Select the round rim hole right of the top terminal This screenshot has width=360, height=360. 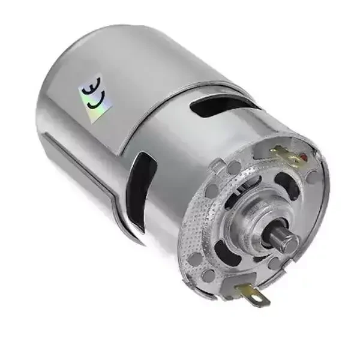point(313,176)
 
